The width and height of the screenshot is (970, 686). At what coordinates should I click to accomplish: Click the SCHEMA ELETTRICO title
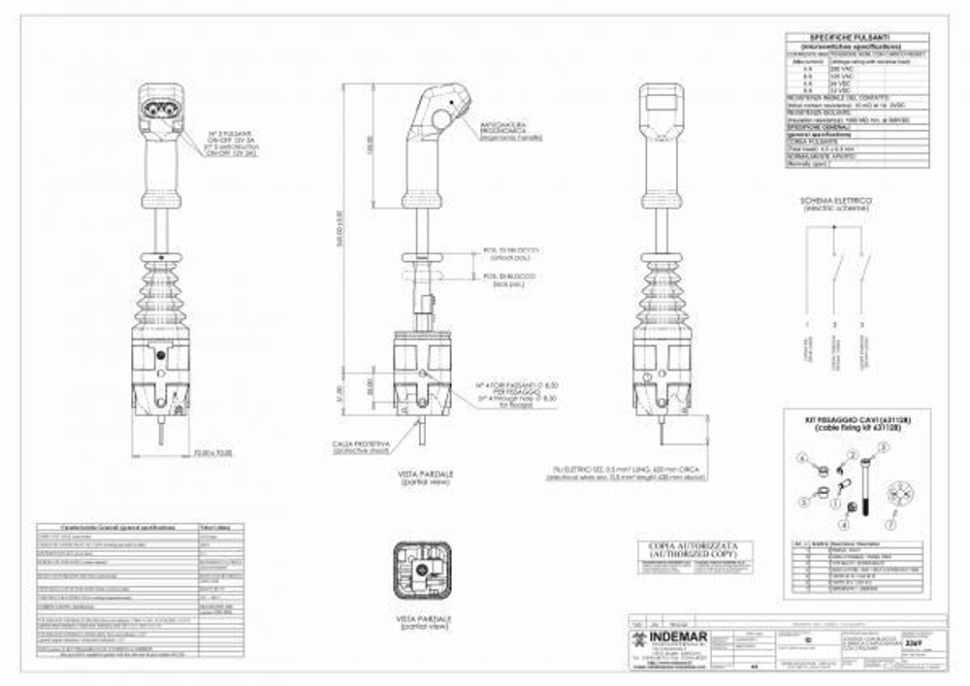(x=835, y=203)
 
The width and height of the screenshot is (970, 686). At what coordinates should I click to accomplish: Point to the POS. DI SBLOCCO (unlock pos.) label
(x=511, y=254)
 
